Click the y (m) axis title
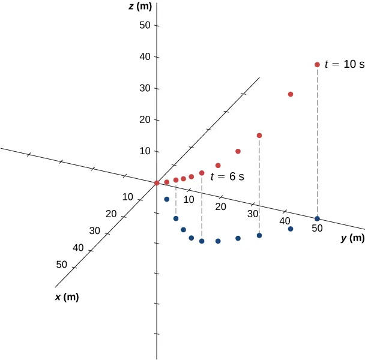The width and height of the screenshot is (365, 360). point(352,238)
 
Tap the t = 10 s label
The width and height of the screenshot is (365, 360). point(345,64)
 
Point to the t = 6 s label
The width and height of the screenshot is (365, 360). point(227,177)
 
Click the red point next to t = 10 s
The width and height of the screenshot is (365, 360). point(317,65)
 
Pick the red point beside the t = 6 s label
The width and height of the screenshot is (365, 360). point(202,173)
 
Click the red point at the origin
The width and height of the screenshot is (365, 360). point(157,183)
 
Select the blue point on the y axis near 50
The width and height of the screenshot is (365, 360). point(317,218)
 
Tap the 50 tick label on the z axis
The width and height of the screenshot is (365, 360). point(143,26)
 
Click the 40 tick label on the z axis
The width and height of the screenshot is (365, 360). point(143,57)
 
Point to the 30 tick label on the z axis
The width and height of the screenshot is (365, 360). point(143,88)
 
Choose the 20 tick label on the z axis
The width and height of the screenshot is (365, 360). point(143,120)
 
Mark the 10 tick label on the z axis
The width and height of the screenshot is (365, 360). point(143,151)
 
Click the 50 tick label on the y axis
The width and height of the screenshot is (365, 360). point(316,229)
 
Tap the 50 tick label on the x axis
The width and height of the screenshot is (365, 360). point(61,265)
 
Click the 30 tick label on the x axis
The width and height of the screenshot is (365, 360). point(94,231)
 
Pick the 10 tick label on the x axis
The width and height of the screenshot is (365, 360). point(127,197)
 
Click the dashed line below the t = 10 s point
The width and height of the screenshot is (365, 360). point(317,144)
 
